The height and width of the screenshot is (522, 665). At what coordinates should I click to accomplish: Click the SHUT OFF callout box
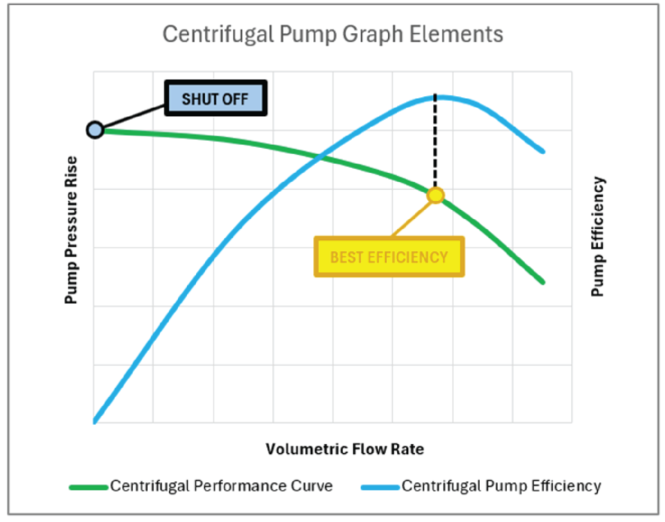click(215, 99)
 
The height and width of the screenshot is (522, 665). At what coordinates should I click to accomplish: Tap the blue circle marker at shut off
click(95, 130)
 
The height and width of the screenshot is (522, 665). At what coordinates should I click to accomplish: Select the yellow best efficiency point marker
click(435, 195)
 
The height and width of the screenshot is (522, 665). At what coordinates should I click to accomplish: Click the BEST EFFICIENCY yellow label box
click(389, 257)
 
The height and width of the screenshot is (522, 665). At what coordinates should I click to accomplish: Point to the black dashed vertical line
click(435, 143)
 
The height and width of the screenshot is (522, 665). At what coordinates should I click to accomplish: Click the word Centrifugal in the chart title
click(218, 35)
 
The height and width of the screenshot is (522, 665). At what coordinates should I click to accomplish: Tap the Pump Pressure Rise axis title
click(71, 230)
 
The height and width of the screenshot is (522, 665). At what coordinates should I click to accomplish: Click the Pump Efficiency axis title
click(598, 236)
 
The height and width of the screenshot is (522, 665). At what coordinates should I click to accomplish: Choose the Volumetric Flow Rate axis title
click(344, 449)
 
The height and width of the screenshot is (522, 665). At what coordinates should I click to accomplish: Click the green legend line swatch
click(89, 487)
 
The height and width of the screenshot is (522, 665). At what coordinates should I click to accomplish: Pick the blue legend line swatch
click(380, 487)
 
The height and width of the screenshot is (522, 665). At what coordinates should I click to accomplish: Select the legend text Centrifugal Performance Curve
click(221, 486)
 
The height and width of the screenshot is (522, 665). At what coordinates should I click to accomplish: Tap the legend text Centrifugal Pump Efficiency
click(501, 486)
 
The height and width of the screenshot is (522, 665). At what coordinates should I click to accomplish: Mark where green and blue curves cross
click(322, 156)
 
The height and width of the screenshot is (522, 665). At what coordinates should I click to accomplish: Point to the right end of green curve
click(543, 282)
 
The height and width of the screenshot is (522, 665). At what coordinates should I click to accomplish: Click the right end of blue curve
click(543, 151)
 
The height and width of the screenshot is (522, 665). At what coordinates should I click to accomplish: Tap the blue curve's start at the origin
click(95, 421)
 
